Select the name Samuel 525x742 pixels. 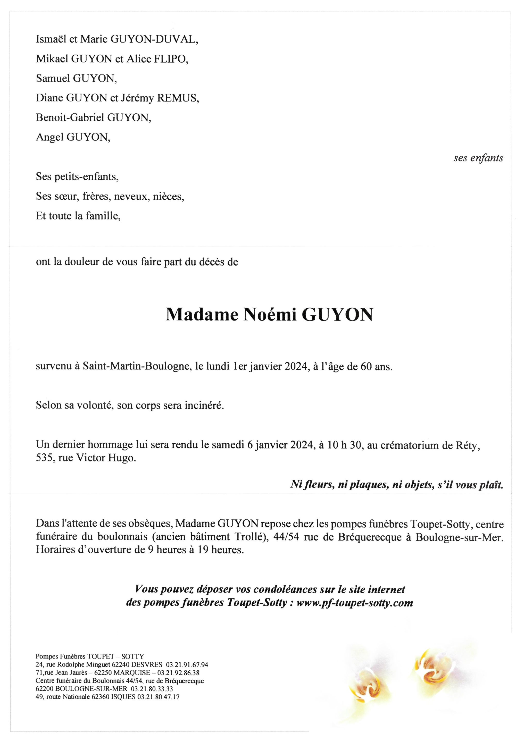(53, 79)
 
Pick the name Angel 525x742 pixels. (49, 138)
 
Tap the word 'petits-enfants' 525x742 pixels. (85, 177)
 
